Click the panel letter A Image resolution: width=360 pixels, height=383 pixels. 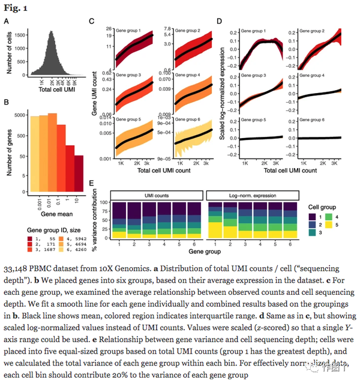tap(7, 22)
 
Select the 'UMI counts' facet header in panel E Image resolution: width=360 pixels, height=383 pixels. tap(158, 195)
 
